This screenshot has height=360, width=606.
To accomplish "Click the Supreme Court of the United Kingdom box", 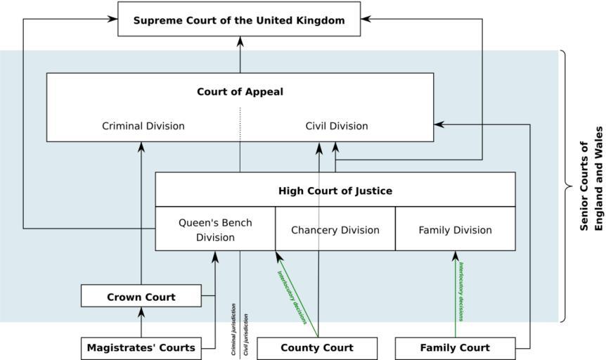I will pyautogui.click(x=239, y=20).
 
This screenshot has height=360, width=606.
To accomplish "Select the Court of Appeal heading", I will pyautogui.click(x=240, y=91).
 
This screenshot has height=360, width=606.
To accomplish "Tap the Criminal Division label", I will pyautogui.click(x=143, y=127).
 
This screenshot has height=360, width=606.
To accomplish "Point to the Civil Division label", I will pyautogui.click(x=336, y=127).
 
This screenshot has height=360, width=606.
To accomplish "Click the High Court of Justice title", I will pyautogui.click(x=335, y=191).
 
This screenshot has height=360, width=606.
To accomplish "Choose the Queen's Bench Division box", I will pyautogui.click(x=215, y=230).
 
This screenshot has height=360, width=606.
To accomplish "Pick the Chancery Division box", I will pyautogui.click(x=335, y=230).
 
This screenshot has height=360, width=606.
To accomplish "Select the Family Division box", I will pyautogui.click(x=455, y=230).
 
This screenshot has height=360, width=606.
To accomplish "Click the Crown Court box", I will pyautogui.click(x=141, y=297).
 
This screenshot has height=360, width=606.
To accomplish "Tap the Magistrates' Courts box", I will pyautogui.click(x=141, y=347).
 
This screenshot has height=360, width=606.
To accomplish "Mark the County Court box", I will pyautogui.click(x=317, y=347).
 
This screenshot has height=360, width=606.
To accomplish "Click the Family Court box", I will pyautogui.click(x=455, y=347).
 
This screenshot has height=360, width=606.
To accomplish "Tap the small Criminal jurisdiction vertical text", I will pyautogui.click(x=233, y=329).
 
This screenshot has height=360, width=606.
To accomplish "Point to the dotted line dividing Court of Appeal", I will pyautogui.click(x=240, y=124).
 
